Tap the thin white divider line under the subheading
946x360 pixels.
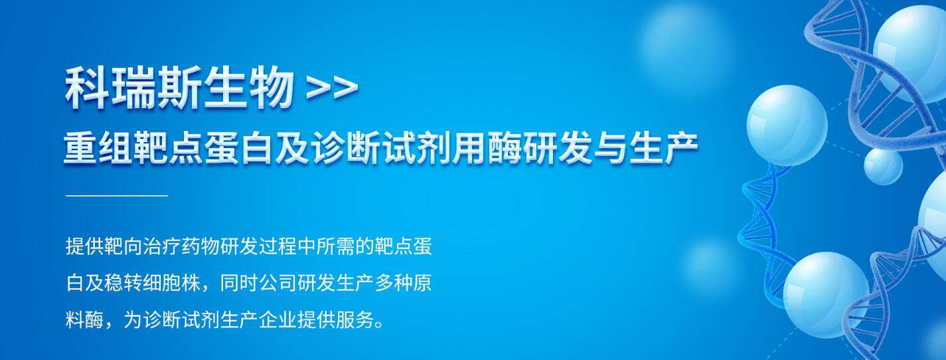tap(117, 196)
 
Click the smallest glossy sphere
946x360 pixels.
tap(883, 165)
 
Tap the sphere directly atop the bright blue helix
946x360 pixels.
tap(787, 125)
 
